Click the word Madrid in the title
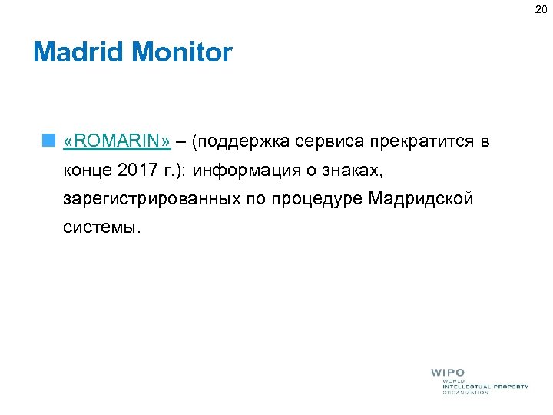[x=79, y=53]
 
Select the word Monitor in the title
[x=182, y=53]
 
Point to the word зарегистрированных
[x=153, y=199]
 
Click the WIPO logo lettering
[x=447, y=373]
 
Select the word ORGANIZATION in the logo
[x=465, y=393]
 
